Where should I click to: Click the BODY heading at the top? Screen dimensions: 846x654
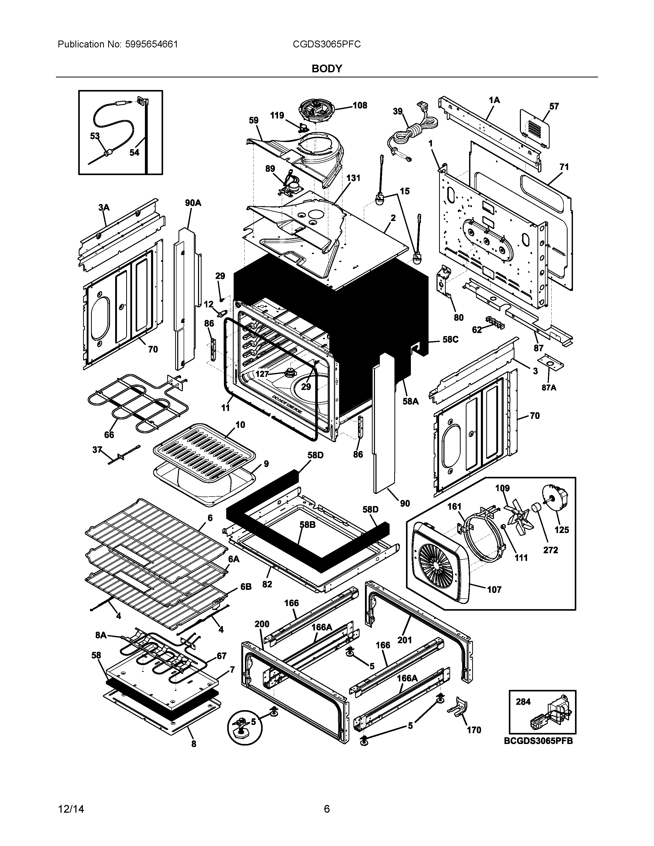326,68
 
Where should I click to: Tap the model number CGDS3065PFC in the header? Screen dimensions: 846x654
326,44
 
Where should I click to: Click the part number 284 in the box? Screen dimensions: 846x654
523,701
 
